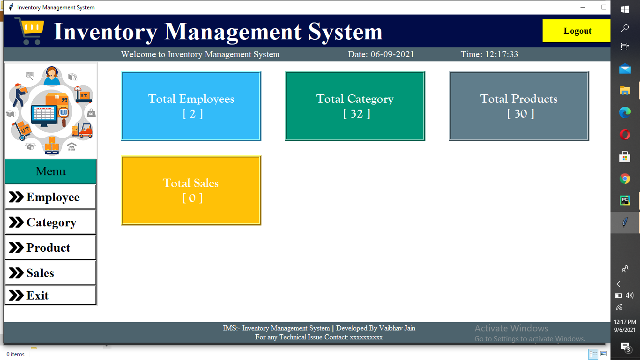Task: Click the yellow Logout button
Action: coord(577,31)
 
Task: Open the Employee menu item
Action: coord(50,197)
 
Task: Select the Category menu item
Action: coord(50,222)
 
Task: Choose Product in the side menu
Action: coord(50,247)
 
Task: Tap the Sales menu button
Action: coord(50,273)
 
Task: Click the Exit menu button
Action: coord(50,295)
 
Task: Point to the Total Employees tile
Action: coord(191,106)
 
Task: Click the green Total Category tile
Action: coord(355,106)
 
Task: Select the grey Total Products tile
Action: coord(519,106)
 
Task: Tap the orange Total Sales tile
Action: coord(191,190)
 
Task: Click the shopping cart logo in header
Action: coord(30,30)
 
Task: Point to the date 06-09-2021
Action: coord(392,54)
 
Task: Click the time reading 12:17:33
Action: coord(501,54)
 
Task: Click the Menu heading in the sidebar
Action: coord(50,172)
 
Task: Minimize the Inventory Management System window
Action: coord(583,7)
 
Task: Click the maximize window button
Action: coord(604,7)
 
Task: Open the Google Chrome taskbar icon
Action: coord(625,179)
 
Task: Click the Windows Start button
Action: coord(625,9)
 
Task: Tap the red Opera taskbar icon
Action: coord(625,135)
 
